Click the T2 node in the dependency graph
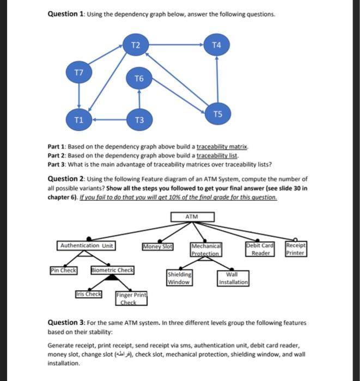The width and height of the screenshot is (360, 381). point(137,45)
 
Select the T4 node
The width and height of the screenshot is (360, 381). point(217,45)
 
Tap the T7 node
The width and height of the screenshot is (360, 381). point(80,72)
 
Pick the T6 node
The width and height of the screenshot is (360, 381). point(139,79)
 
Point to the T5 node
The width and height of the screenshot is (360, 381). point(218,114)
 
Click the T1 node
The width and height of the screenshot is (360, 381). point(80,120)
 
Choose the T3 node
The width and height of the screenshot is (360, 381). point(139,120)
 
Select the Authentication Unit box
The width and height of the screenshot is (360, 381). point(87,245)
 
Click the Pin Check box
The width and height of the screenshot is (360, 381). point(64,270)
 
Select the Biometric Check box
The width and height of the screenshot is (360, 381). point(112,270)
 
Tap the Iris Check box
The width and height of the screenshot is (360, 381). point(89,294)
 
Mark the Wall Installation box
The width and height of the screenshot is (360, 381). point(234,279)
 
